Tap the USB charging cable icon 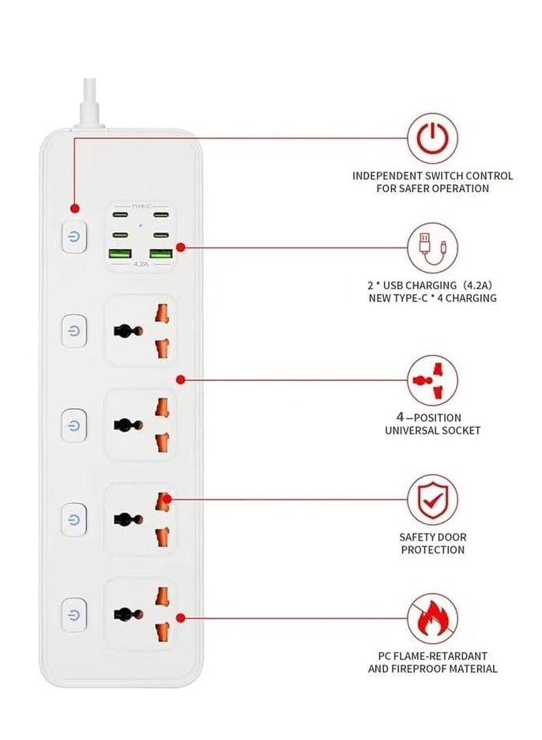(432, 247)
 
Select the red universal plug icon (432, 380)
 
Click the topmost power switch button (73, 237)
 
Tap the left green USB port (120, 255)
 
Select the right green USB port (161, 255)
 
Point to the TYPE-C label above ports (141, 206)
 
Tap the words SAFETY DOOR (432, 538)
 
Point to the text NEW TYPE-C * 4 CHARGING (432, 298)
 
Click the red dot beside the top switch (74, 209)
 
